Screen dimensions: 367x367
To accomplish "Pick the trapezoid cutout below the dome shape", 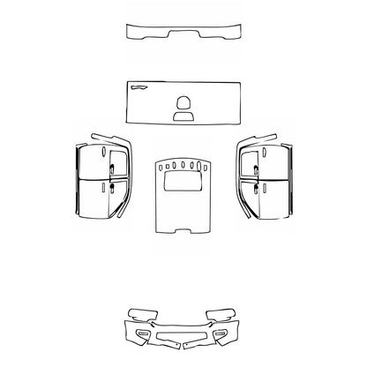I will point(183,115).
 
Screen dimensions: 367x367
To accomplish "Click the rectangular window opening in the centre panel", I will point(183,182).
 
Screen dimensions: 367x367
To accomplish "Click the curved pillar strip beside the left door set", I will point(123,176).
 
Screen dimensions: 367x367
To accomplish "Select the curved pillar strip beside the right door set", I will point(243,176).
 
